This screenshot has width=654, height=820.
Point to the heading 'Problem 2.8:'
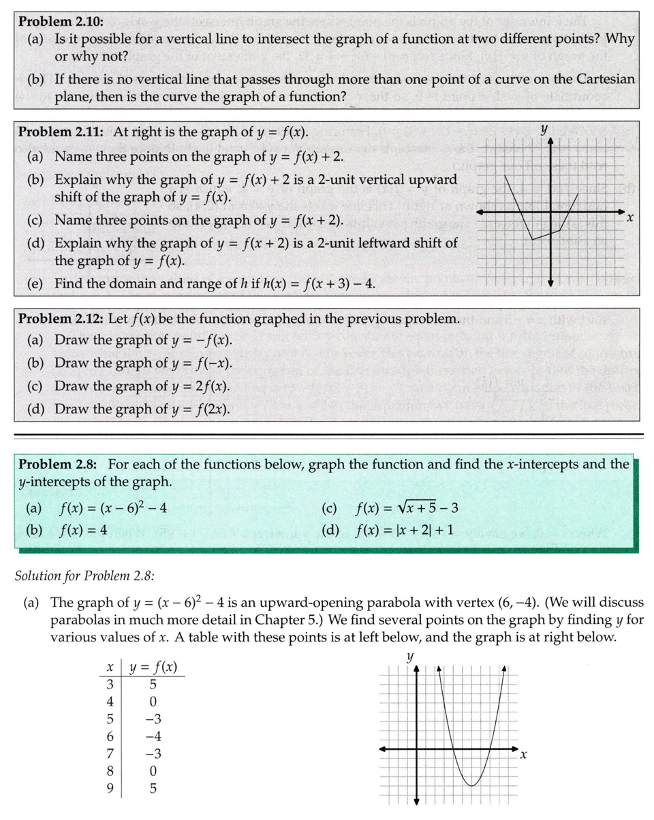click(x=58, y=464)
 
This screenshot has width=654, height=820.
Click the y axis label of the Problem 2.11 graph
click(x=543, y=128)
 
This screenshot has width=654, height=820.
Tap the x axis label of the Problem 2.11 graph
click(x=630, y=219)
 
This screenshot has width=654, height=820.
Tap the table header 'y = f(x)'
click(x=153, y=667)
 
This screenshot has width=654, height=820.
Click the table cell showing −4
click(x=153, y=736)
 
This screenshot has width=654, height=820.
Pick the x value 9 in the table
click(x=109, y=789)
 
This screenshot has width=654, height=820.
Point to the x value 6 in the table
click(x=109, y=736)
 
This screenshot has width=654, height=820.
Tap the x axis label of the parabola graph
click(x=523, y=755)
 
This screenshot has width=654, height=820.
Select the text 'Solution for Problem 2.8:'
click(x=84, y=575)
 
